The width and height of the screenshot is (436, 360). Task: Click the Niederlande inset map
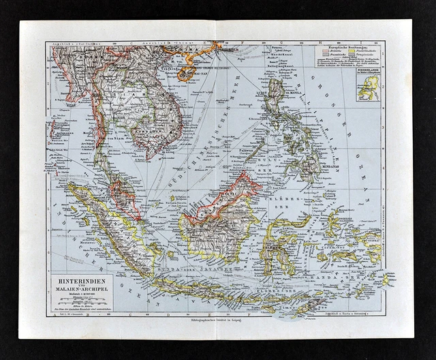(x=369, y=87)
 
